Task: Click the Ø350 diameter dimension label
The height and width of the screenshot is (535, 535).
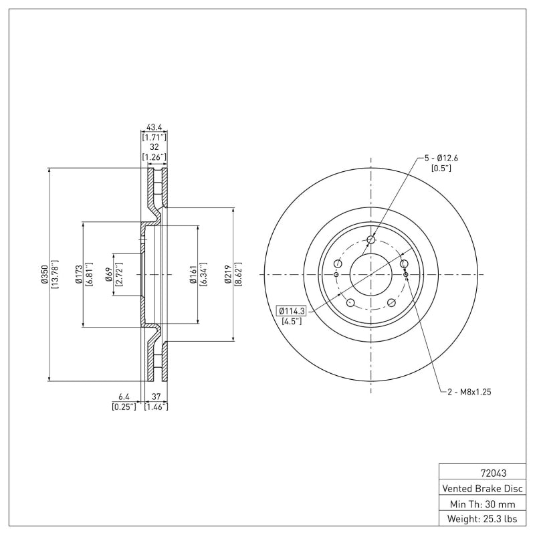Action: (x=43, y=275)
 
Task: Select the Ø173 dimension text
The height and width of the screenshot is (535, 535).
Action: (x=78, y=275)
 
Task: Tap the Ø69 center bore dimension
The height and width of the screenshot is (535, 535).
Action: (x=108, y=275)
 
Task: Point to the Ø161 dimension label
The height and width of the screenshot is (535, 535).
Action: (x=192, y=275)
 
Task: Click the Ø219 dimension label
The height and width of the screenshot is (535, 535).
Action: (x=228, y=275)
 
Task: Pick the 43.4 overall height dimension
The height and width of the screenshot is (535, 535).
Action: (x=154, y=126)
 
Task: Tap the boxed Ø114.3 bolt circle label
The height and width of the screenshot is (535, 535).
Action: (x=291, y=311)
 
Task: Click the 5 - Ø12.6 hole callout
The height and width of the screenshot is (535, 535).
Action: (x=441, y=158)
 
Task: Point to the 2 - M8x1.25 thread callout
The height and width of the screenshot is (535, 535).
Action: (x=469, y=392)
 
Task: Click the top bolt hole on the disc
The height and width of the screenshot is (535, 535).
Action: (x=372, y=241)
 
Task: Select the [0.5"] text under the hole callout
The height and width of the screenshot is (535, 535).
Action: (x=441, y=169)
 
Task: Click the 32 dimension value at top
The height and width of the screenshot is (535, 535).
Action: (x=154, y=147)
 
